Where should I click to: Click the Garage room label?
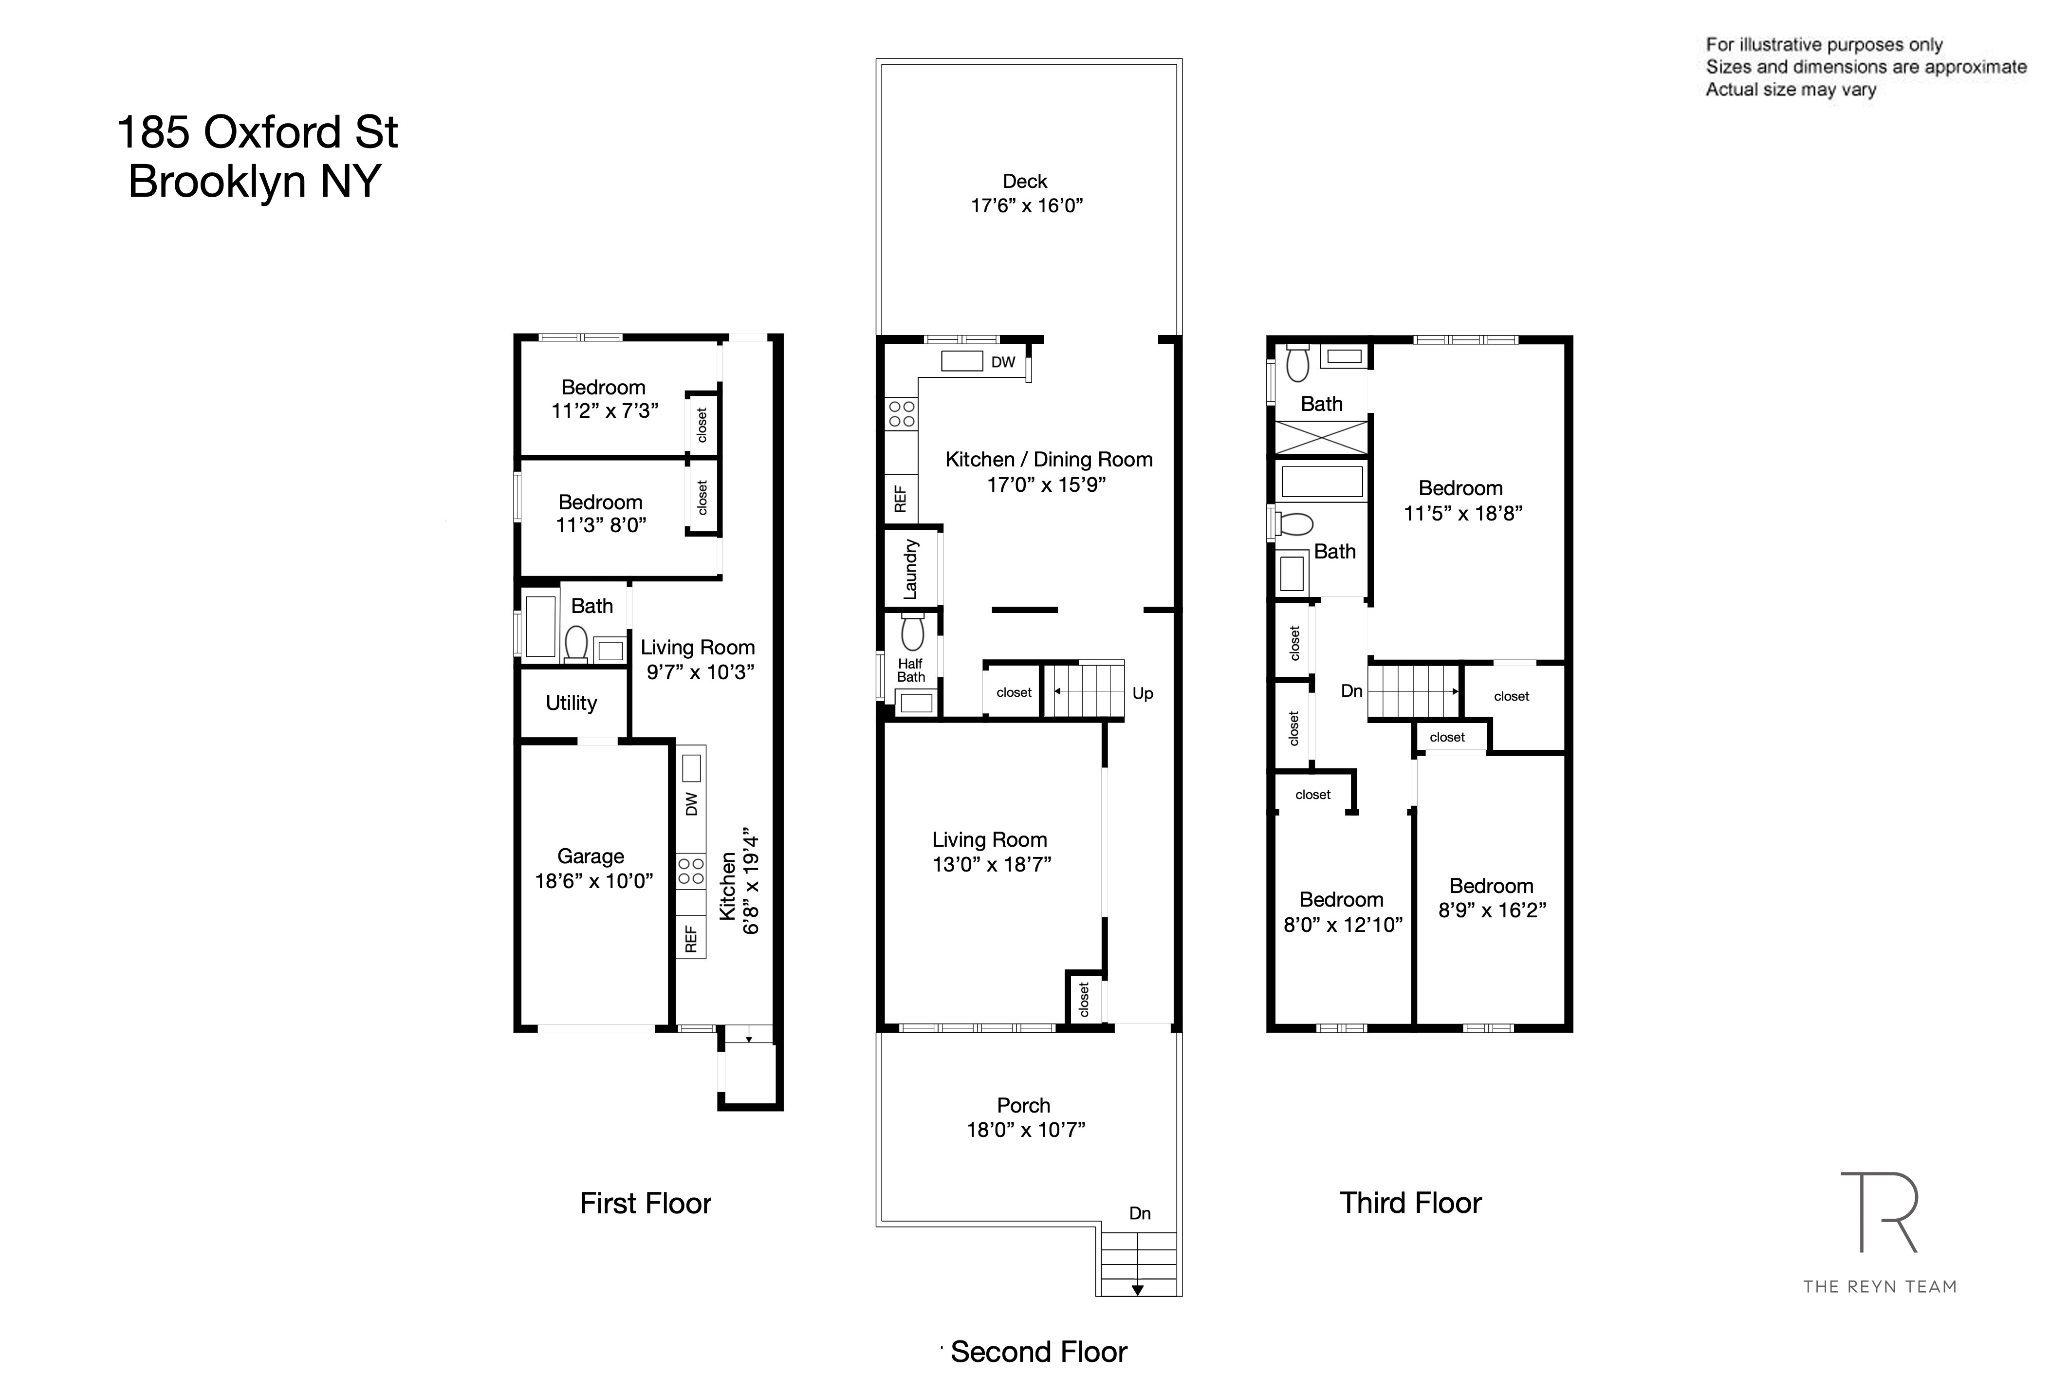[x=590, y=856]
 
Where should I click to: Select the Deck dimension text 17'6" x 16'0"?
[x=1027, y=205]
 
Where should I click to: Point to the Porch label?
[x=1023, y=1105]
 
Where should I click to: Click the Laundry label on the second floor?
[x=910, y=569]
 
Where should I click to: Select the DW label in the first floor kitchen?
[x=691, y=804]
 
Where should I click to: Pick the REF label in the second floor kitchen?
[x=900, y=499]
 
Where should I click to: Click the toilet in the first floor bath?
[x=576, y=642]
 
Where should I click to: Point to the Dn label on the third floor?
[x=1351, y=691]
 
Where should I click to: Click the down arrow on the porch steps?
[x=1137, y=1290]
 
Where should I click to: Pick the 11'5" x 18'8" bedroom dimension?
[x=1463, y=513]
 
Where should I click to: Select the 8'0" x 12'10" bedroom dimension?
[x=1343, y=925]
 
